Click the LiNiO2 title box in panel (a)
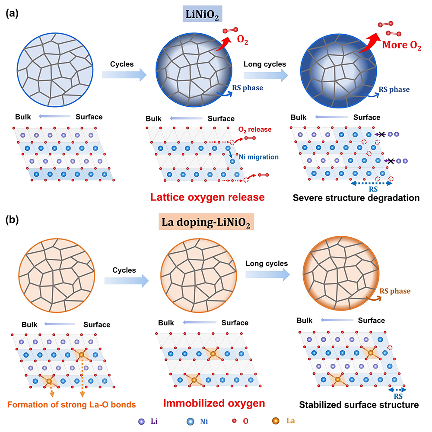[203, 14]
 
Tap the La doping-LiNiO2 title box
[206, 222]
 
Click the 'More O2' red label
[401, 45]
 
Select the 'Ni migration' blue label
[259, 157]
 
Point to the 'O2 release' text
[255, 130]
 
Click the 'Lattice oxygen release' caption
[207, 197]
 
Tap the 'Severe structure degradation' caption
[356, 198]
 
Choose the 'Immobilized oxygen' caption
[214, 403]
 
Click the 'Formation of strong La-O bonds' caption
[71, 404]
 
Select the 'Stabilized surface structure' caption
[359, 405]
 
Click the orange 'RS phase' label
[395, 291]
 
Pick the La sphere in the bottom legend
[276, 421]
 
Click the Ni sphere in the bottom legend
[191, 422]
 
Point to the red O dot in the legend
[234, 421]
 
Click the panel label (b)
[12, 220]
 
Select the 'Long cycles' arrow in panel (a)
[266, 75]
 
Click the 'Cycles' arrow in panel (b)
[127, 281]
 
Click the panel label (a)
[12, 13]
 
